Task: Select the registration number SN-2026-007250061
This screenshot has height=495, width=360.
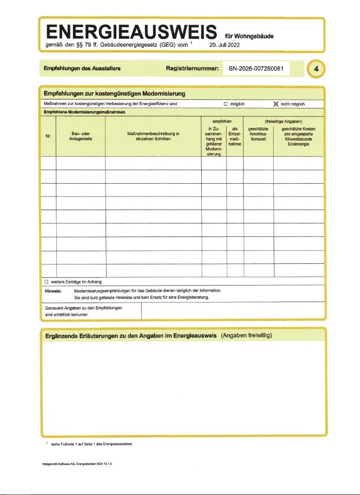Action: [256, 69]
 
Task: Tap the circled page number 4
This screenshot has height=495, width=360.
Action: [316, 69]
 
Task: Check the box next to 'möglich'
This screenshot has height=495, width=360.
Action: [226, 104]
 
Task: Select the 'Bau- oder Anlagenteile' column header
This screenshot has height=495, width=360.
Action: [80, 137]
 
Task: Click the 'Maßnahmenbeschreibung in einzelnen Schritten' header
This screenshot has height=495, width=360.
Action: [153, 137]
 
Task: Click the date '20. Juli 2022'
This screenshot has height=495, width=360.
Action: [224, 45]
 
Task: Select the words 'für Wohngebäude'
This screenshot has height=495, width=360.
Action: [249, 36]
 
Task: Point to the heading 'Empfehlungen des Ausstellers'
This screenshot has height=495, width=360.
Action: [82, 69]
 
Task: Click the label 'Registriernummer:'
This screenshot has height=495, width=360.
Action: [192, 69]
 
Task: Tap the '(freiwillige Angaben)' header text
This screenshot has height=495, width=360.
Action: [283, 122]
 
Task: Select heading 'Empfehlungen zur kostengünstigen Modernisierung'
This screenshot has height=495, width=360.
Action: [114, 94]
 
